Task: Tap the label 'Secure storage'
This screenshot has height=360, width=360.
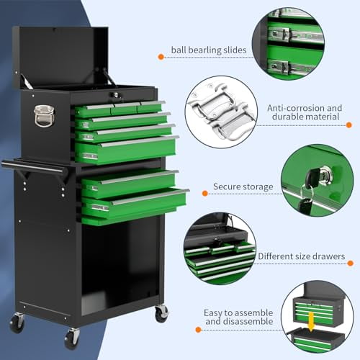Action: tap(243, 187)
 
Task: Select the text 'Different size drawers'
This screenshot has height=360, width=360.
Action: tap(301, 256)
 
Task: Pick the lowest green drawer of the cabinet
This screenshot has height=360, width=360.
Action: tap(133, 204)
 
